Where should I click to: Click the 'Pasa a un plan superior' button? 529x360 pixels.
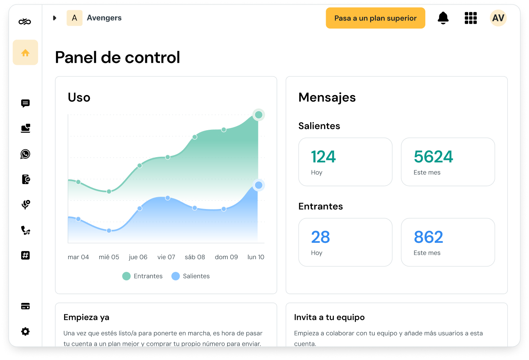coord(375,18)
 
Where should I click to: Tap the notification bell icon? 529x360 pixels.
coord(443,18)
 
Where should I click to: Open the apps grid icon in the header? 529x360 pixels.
coord(471,18)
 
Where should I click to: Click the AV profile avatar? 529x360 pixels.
coord(498,18)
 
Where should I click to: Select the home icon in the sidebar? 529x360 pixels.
coord(25,53)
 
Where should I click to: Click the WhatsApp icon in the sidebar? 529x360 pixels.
coord(25,154)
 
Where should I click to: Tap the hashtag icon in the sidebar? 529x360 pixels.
coord(25,256)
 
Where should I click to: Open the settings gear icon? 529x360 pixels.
coord(25,331)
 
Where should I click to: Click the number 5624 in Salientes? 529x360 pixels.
coord(433,157)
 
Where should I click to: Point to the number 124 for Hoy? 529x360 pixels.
coord(323,157)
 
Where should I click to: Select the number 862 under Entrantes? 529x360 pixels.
coord(428,237)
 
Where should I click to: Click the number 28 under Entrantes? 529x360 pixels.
coord(320,237)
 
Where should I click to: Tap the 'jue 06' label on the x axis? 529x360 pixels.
coord(138,257)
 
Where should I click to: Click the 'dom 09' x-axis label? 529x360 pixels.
coord(226,257)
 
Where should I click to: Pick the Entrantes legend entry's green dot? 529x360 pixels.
coord(127,276)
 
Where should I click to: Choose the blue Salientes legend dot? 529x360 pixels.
coord(176,276)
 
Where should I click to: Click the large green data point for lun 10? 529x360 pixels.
coord(258,115)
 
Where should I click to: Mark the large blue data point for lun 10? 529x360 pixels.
coord(258,185)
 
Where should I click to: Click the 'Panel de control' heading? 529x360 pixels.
coord(118,58)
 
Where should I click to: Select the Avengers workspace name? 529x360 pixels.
coord(104,18)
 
